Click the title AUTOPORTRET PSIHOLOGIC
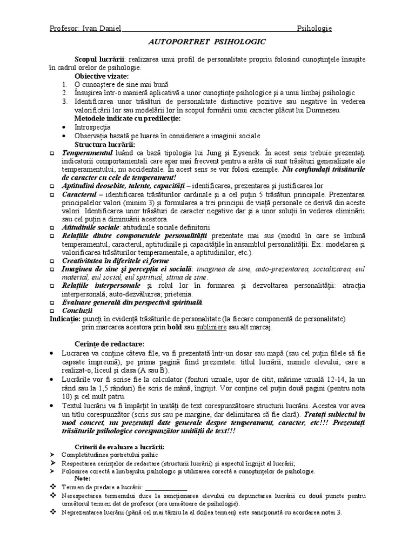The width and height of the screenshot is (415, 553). coord(207,41)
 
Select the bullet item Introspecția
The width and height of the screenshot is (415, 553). coord(85,127)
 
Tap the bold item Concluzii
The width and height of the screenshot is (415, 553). coord(77,311)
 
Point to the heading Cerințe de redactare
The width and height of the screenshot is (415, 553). coord(102,344)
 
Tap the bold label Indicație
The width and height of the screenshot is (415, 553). coord(65,319)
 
